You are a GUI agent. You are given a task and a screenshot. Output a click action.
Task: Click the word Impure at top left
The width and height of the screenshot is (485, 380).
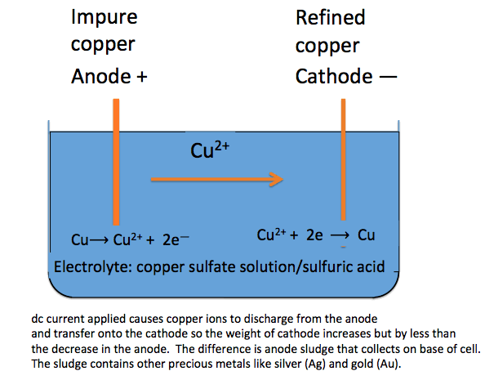pyautogui.click(x=105, y=17)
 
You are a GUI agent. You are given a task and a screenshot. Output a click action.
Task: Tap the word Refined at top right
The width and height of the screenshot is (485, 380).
pyautogui.click(x=330, y=17)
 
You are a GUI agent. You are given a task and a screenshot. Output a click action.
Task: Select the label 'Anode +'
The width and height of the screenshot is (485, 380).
pyautogui.click(x=110, y=77)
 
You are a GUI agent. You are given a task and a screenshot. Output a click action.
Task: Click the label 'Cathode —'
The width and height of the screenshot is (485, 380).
pyautogui.click(x=346, y=77)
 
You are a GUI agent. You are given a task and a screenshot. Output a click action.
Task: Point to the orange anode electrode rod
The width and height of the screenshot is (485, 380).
pyautogui.click(x=118, y=163)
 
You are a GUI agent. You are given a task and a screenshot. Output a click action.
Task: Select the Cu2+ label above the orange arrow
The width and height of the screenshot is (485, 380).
pyautogui.click(x=207, y=150)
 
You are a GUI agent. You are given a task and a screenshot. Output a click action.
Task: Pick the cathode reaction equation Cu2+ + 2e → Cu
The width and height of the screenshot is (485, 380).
pyautogui.click(x=315, y=235)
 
